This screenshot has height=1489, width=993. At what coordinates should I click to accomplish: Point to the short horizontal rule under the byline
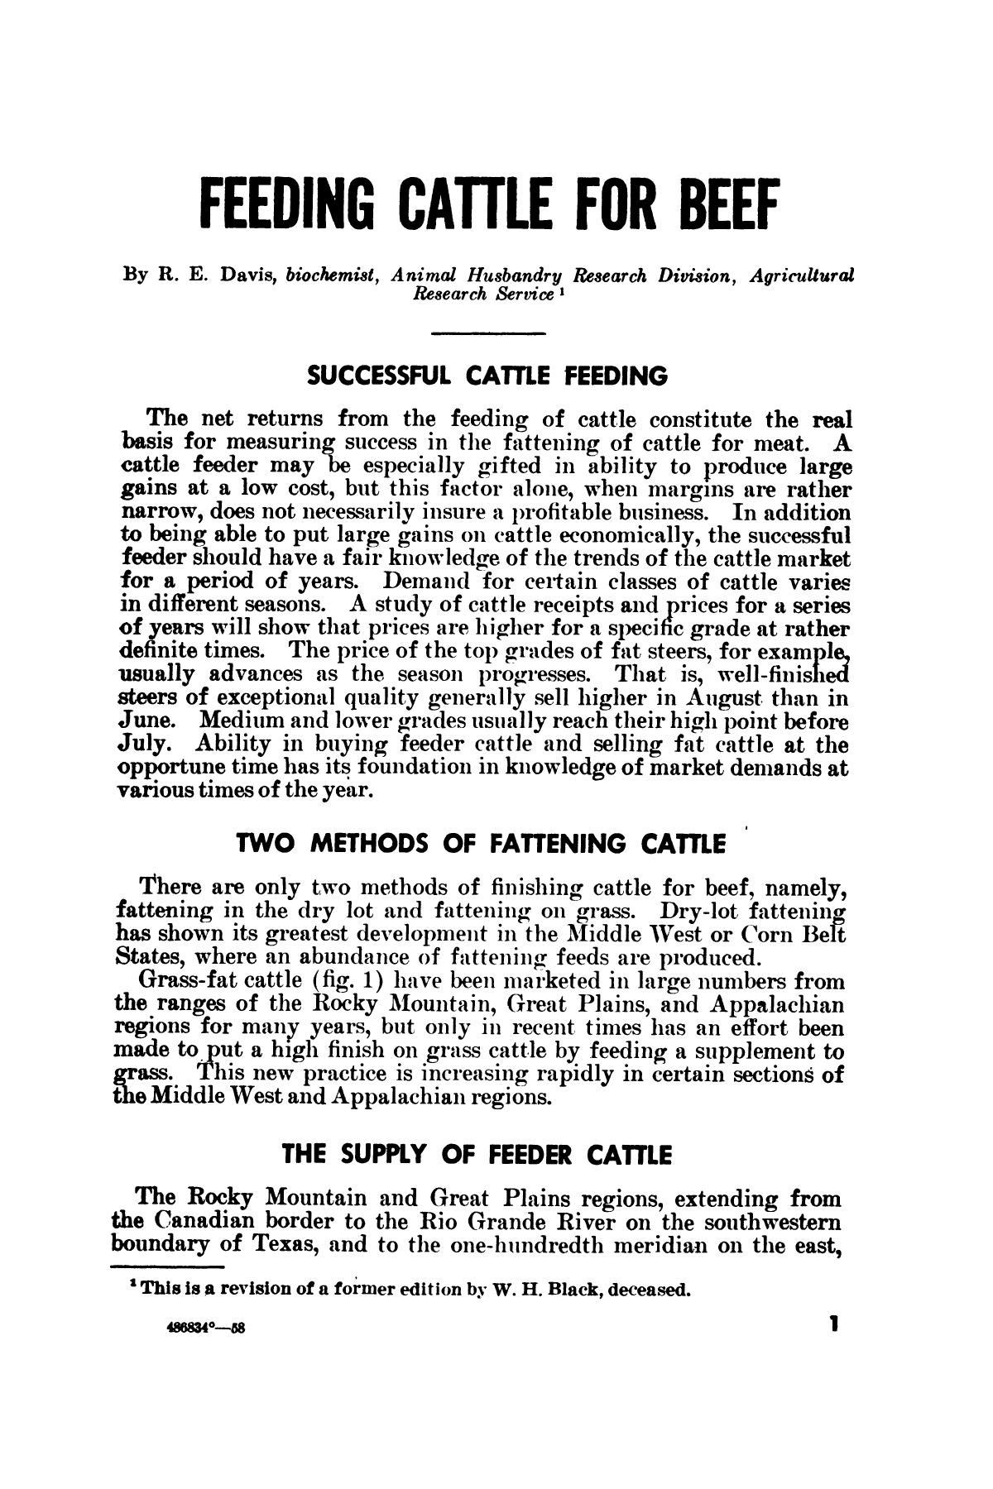(x=488, y=333)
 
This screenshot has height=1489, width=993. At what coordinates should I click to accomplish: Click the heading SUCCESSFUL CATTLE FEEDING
(x=487, y=376)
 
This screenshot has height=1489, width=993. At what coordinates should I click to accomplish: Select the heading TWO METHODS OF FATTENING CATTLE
(x=481, y=845)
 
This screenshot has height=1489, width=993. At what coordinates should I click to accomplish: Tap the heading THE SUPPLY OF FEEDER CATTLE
(x=475, y=1153)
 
